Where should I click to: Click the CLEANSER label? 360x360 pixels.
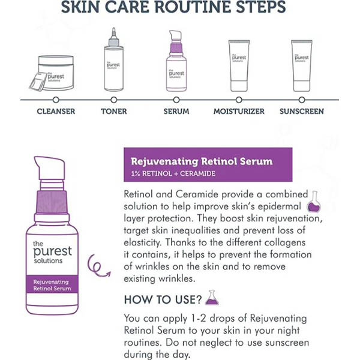(56, 112)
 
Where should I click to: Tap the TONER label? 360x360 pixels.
(114, 112)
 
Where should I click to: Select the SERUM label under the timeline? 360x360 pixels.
(176, 112)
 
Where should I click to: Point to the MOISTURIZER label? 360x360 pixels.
(239, 112)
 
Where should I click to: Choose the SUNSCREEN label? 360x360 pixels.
(302, 112)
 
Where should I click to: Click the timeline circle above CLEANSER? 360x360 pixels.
(56, 100)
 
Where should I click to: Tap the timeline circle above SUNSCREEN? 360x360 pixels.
(302, 100)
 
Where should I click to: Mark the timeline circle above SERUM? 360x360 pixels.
(176, 100)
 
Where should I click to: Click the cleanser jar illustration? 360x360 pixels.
(52, 73)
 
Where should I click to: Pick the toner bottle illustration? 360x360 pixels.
(113, 59)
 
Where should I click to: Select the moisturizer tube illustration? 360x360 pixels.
(239, 66)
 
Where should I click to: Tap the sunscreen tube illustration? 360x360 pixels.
(302, 66)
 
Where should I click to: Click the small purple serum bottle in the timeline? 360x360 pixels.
(176, 61)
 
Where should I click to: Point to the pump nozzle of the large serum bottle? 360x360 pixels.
(49, 168)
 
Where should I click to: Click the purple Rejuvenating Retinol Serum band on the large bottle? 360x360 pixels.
(52, 284)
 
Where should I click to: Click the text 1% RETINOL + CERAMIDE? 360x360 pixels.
(173, 173)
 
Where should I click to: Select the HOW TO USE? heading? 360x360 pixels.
(163, 299)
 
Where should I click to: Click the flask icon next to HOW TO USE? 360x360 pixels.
(212, 298)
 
